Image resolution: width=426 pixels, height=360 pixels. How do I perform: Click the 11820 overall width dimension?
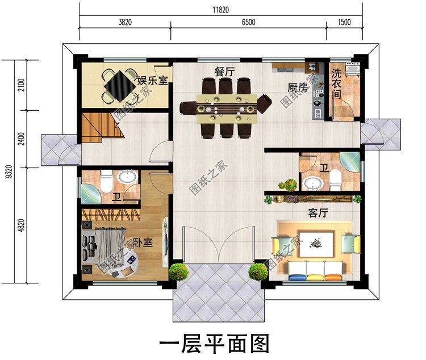pyautogui.click(x=221, y=9)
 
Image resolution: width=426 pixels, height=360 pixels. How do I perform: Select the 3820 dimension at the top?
pyautogui.click(x=125, y=23)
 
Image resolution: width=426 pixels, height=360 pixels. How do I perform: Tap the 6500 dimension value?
pyautogui.click(x=248, y=23)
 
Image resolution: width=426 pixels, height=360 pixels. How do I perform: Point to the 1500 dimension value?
pyautogui.click(x=344, y=23)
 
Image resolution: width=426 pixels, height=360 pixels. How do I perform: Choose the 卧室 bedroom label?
pyautogui.click(x=143, y=242)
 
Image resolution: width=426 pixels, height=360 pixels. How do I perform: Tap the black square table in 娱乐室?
pyautogui.click(x=120, y=86)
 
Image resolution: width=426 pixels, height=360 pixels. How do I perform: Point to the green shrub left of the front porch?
pyautogui.click(x=179, y=271)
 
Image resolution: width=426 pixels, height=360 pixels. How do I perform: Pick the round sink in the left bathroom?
pyautogui.click(x=128, y=177)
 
